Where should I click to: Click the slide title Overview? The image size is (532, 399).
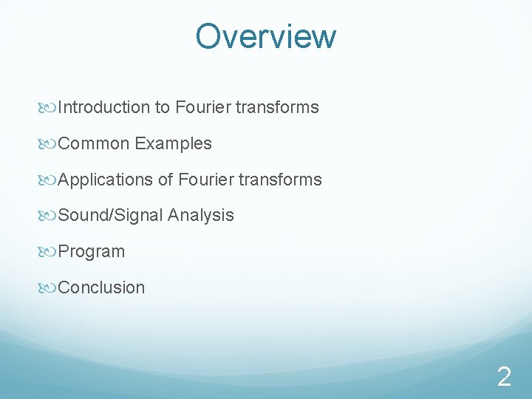[266, 36]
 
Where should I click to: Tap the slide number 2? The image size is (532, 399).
[504, 378]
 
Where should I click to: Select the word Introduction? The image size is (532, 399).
[103, 108]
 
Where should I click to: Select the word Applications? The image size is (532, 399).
[105, 180]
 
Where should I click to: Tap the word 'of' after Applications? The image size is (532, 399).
[166, 180]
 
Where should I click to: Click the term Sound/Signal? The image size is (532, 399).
[110, 216]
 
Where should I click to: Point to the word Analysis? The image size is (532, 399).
[201, 216]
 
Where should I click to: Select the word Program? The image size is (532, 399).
[92, 252]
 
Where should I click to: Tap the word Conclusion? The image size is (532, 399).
[101, 287]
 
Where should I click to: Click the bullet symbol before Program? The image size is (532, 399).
[50, 252]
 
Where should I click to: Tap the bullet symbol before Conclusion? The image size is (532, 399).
[50, 288]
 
